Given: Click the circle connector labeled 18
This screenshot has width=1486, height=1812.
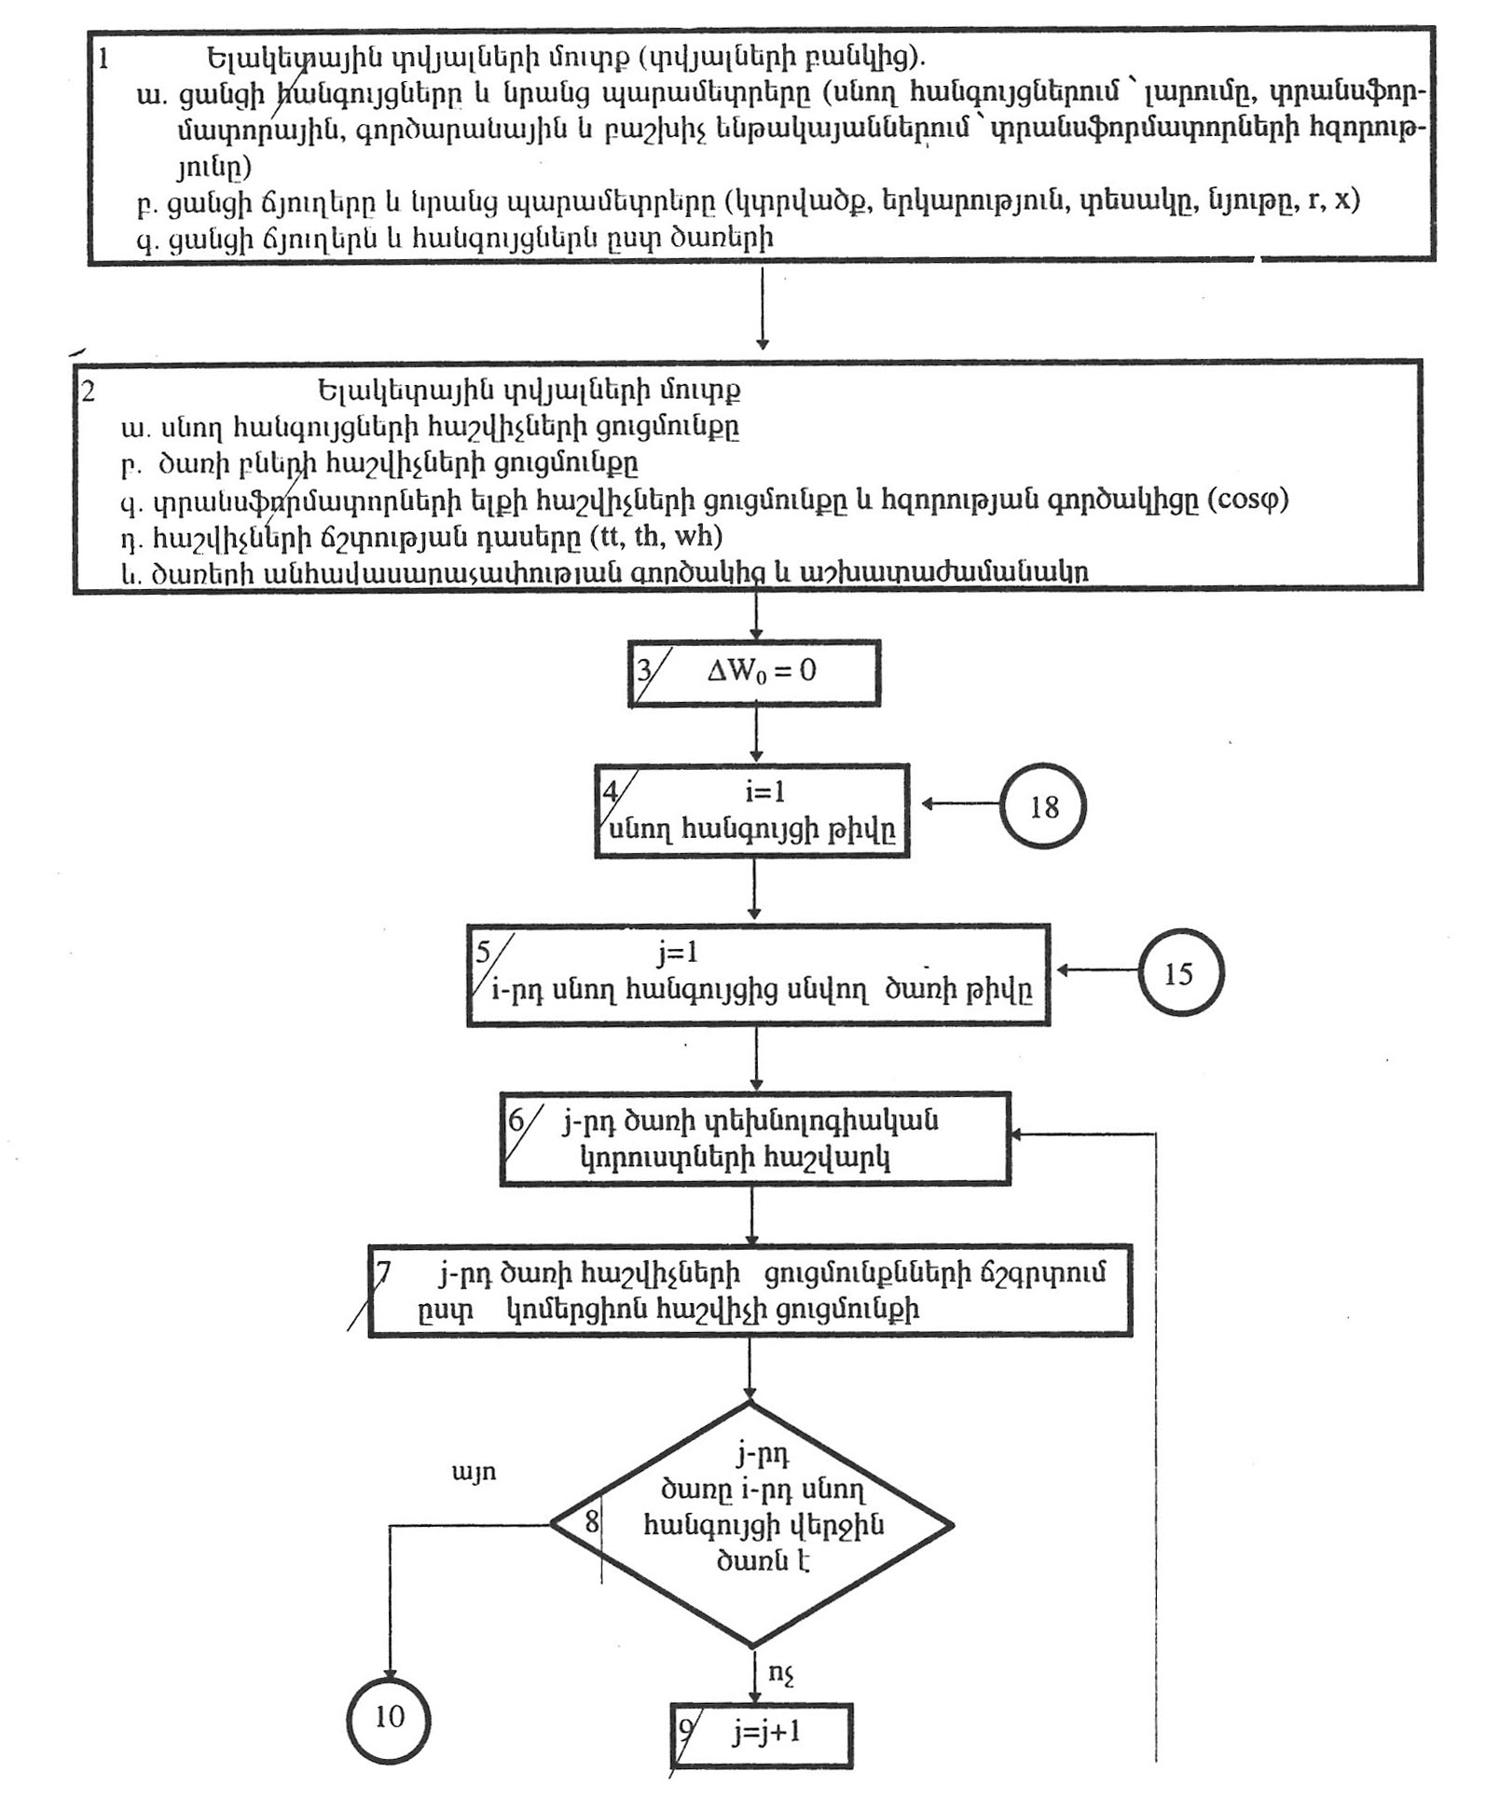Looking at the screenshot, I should point(1042,806).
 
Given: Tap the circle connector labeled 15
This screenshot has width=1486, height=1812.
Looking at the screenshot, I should point(1180,972).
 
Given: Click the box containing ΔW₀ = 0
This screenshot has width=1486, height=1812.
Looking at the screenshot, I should point(754,672).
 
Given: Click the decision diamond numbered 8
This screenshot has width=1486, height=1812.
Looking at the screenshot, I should point(751,1525).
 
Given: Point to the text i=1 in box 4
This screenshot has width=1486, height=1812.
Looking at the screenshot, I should point(765,791).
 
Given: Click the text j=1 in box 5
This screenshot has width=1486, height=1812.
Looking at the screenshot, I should point(678,953).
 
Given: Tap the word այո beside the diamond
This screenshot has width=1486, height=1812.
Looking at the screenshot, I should point(474,1473).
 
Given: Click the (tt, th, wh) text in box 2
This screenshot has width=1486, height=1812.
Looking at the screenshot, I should point(658,536).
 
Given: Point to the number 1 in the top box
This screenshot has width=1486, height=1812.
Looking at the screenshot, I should point(103,58).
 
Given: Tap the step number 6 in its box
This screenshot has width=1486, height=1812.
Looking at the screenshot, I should point(516,1119).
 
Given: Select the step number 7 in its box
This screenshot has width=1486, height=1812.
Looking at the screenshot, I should point(383,1271).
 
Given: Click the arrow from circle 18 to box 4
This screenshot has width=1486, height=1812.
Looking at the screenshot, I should point(960,803).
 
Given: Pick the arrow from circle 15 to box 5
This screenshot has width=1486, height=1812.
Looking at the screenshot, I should point(1097,970).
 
